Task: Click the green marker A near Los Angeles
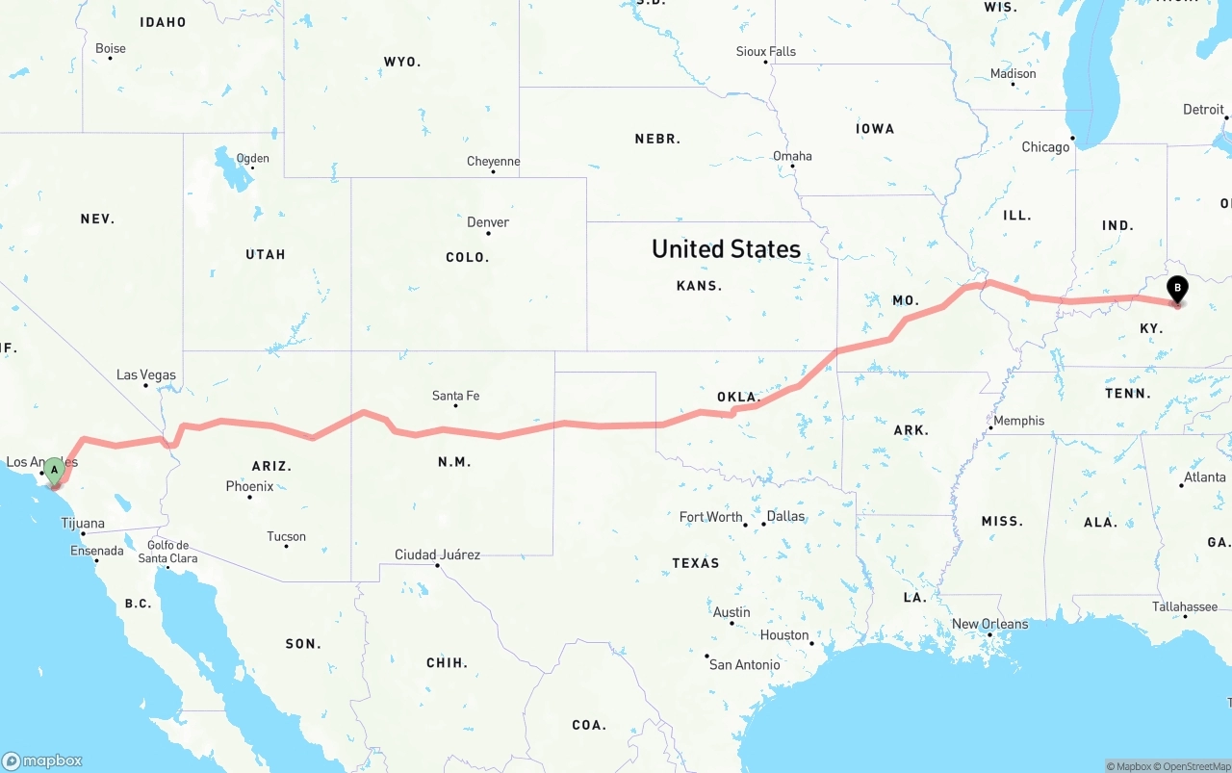click(x=55, y=471)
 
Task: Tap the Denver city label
click(x=488, y=222)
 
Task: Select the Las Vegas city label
click(x=146, y=374)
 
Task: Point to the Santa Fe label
click(x=455, y=396)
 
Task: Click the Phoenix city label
click(x=249, y=486)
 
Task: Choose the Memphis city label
click(x=1018, y=421)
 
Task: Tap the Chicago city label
click(x=1045, y=147)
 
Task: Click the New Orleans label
click(x=989, y=624)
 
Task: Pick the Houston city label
click(x=784, y=634)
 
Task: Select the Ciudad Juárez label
click(x=437, y=554)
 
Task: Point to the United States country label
click(x=726, y=249)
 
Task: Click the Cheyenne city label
click(x=493, y=161)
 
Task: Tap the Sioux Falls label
click(x=766, y=51)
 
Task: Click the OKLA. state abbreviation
click(x=739, y=397)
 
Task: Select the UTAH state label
click(x=266, y=254)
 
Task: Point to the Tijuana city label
click(x=83, y=524)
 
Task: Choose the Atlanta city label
click(x=1204, y=477)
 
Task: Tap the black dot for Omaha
click(x=792, y=167)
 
